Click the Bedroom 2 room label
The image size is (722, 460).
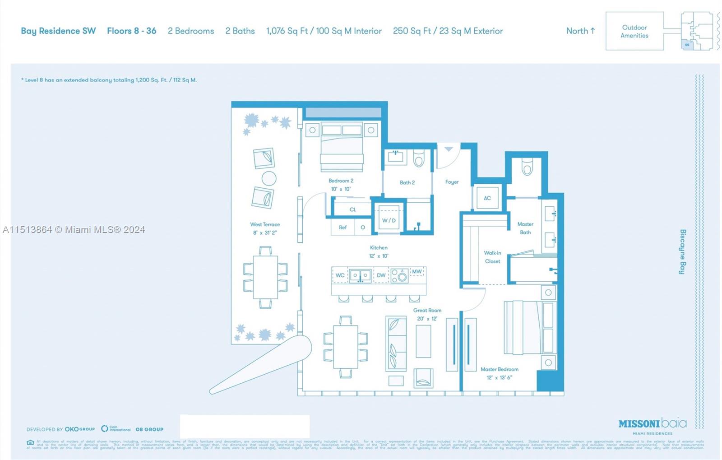(x=341, y=181)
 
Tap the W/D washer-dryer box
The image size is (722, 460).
(x=389, y=220)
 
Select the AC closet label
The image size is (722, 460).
(x=487, y=198)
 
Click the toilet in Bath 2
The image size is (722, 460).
(x=419, y=158)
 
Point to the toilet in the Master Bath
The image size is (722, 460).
(x=527, y=167)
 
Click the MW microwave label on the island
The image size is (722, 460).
(x=417, y=272)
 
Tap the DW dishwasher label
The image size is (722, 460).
(x=381, y=275)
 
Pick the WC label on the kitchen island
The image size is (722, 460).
(x=340, y=275)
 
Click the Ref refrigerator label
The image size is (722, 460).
(x=342, y=228)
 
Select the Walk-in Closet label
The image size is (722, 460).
(x=492, y=257)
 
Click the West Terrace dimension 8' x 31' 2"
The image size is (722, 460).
(x=265, y=233)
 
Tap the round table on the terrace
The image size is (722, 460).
(x=269, y=178)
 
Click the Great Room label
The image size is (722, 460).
(x=427, y=311)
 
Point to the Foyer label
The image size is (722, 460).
(x=452, y=182)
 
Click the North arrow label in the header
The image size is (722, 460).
(x=580, y=31)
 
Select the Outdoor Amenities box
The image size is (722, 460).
(x=634, y=32)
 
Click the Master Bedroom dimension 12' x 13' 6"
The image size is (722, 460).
(x=499, y=378)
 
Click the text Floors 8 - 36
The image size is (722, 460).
(x=131, y=31)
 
